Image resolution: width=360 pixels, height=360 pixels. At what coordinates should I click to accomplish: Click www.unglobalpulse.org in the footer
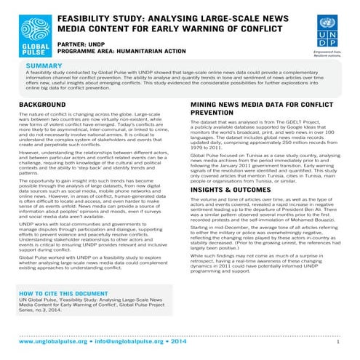click(55, 340)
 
